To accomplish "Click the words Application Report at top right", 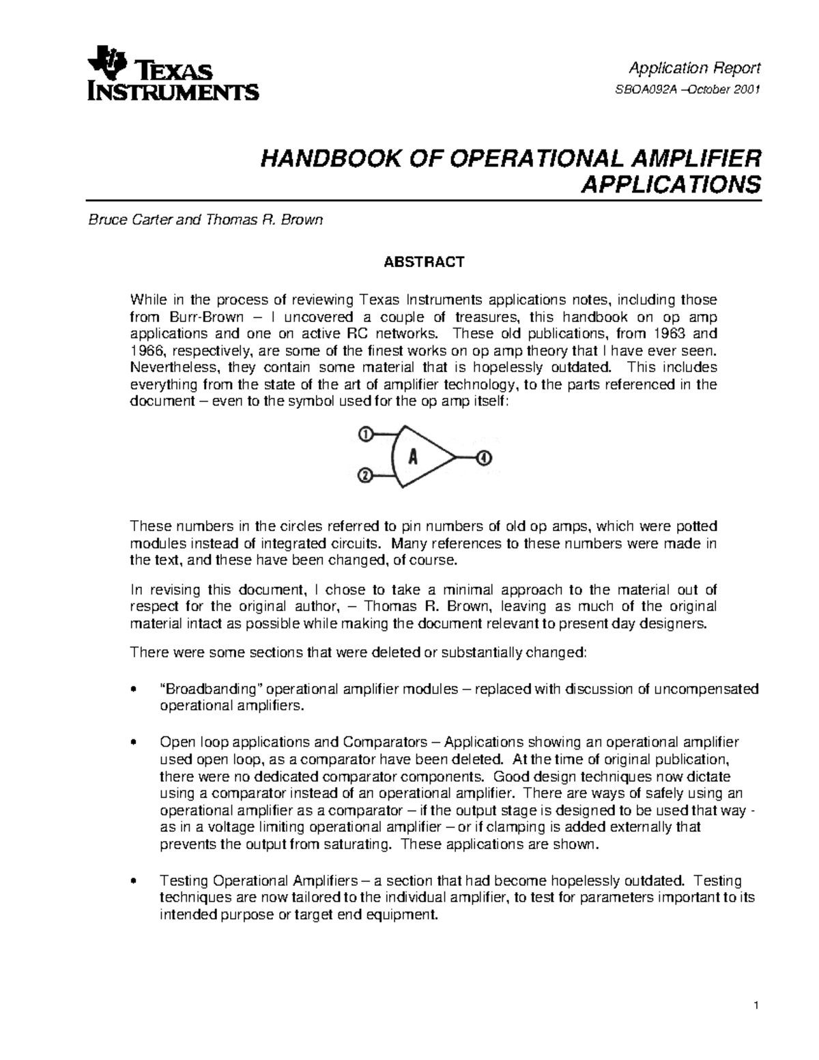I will (x=694, y=68).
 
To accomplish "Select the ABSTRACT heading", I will (x=424, y=262).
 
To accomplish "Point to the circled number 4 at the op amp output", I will (x=484, y=457).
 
